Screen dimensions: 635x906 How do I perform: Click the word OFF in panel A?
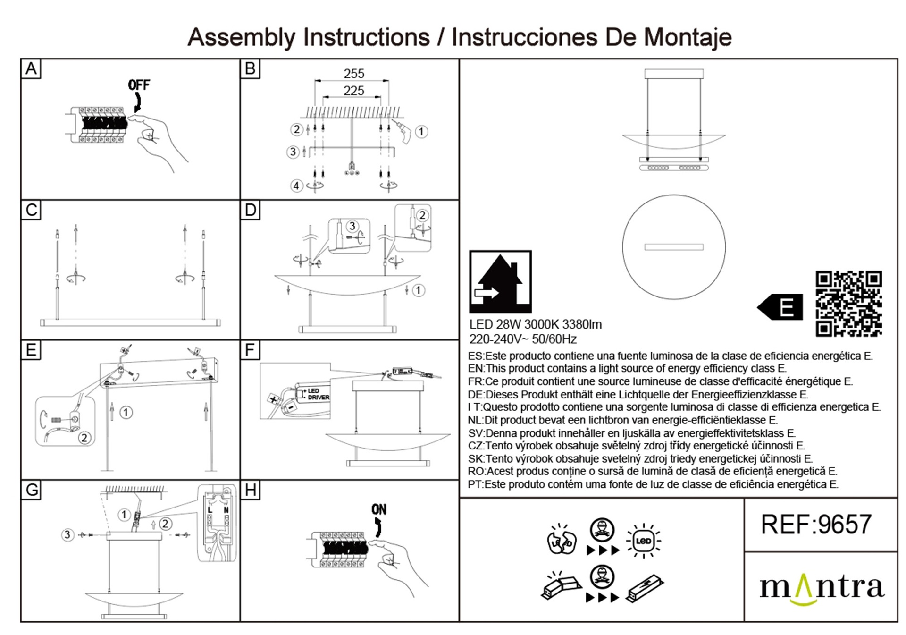point(139,85)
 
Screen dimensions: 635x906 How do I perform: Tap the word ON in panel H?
point(378,509)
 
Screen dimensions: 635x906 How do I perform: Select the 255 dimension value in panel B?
point(354,74)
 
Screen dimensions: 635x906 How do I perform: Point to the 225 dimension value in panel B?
point(354,91)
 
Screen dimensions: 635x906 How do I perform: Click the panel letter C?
point(31,210)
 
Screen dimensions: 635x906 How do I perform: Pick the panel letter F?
point(250,350)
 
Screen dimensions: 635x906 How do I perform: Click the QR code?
point(848,304)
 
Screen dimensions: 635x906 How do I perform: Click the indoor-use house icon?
point(500,282)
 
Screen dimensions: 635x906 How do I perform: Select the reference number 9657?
point(844,525)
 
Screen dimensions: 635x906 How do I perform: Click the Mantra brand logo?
point(822,588)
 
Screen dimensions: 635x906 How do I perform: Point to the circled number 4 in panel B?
point(296,186)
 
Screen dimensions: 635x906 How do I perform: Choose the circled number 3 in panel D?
point(352,226)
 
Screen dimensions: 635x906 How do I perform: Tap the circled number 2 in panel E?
point(84,438)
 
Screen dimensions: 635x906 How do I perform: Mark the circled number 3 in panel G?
point(67,534)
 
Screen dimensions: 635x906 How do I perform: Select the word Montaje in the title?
point(688,37)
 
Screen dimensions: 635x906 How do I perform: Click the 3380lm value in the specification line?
point(582,324)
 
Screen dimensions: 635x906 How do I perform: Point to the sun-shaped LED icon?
point(643,541)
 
